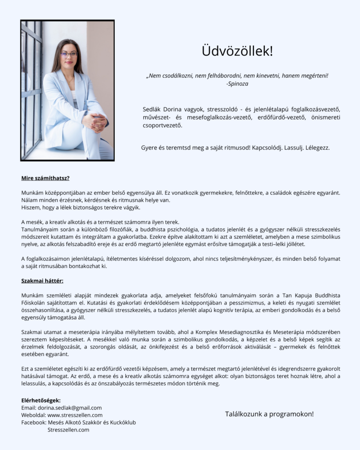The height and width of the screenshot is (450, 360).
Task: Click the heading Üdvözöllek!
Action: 237,51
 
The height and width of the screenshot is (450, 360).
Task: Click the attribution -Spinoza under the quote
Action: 237,83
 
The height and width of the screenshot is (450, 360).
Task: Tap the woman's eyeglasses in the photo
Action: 69,54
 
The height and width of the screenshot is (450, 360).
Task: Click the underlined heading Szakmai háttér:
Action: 42,280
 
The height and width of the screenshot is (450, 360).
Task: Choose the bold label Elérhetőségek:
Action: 41,400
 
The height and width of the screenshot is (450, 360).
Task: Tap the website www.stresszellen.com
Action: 75,415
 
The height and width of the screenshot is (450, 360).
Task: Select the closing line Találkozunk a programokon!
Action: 269,414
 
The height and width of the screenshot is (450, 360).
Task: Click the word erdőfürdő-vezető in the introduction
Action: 273,117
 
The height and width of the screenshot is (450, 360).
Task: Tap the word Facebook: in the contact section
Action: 33,422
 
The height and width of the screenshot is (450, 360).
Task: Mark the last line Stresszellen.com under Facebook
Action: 68,430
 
